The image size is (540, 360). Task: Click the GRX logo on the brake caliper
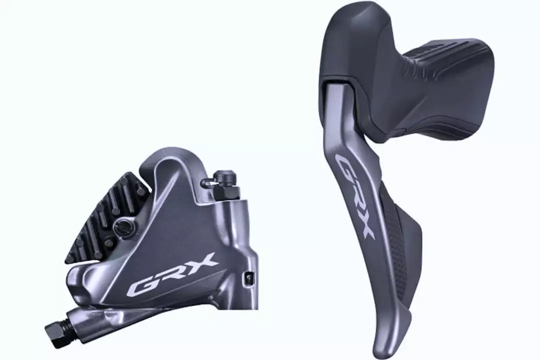point(172,274)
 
